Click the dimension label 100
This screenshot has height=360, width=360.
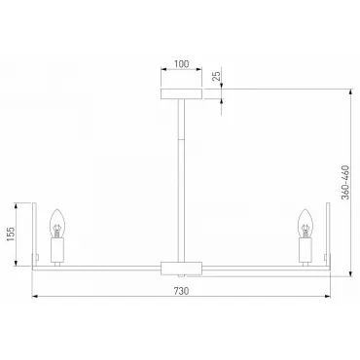pos(181,64)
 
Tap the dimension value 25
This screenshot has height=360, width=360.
pos(216,76)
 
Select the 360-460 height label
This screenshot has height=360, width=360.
pos(346,182)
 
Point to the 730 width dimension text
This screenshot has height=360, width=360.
pos(181,291)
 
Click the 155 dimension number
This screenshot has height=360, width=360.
pos(11,234)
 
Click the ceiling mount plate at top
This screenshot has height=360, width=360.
pos(182,93)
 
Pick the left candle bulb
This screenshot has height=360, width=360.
pos(57,223)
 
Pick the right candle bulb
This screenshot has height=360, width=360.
pos(306,223)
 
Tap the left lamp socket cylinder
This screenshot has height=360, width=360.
pos(57,250)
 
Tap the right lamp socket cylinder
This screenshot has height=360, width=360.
pos(306,250)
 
